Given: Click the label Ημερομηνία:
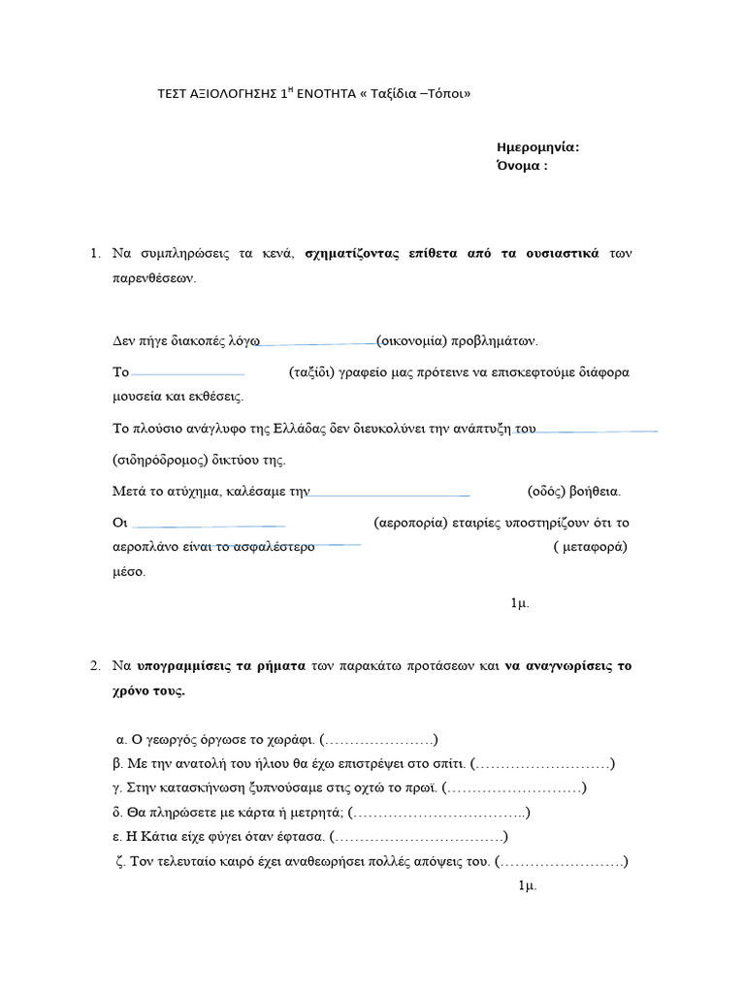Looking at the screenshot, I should (537, 147).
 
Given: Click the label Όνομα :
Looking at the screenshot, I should (522, 165).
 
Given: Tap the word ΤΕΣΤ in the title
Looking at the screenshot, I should (174, 94).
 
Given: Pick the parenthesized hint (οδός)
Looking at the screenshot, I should (545, 491).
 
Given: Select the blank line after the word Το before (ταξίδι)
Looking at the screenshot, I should (187, 373).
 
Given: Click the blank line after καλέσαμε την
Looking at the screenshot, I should (389, 494).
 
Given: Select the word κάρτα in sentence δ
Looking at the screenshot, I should (277, 812).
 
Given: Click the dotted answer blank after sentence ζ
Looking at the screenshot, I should (561, 860).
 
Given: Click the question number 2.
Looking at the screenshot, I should (95, 666).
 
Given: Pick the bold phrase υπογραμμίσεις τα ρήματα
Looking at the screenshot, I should (221, 666).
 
